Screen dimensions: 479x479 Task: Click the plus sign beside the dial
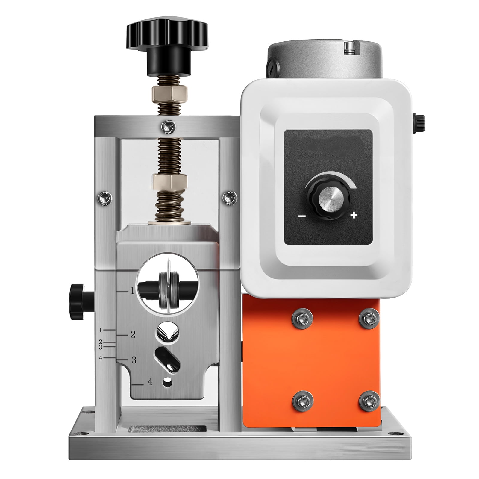tap(354, 215)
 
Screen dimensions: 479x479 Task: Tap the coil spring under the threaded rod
tap(169, 207)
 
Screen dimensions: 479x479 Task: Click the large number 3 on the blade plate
tap(134, 360)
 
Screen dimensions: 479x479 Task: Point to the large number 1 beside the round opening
tap(132, 291)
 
